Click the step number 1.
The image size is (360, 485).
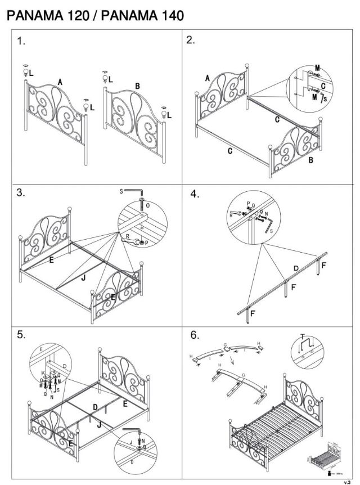[x=21, y=41]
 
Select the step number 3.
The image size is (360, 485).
[x=21, y=193]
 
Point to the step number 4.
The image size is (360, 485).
[x=195, y=194]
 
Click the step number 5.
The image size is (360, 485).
[x=21, y=334]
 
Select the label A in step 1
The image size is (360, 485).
[x=60, y=82]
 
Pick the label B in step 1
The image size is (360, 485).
[x=137, y=86]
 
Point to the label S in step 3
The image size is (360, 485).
[x=121, y=192]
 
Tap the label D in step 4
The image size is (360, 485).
[x=296, y=268]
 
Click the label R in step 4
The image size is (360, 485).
[x=231, y=214]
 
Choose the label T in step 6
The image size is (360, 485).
[x=304, y=336]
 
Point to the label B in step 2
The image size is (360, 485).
[x=310, y=160]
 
